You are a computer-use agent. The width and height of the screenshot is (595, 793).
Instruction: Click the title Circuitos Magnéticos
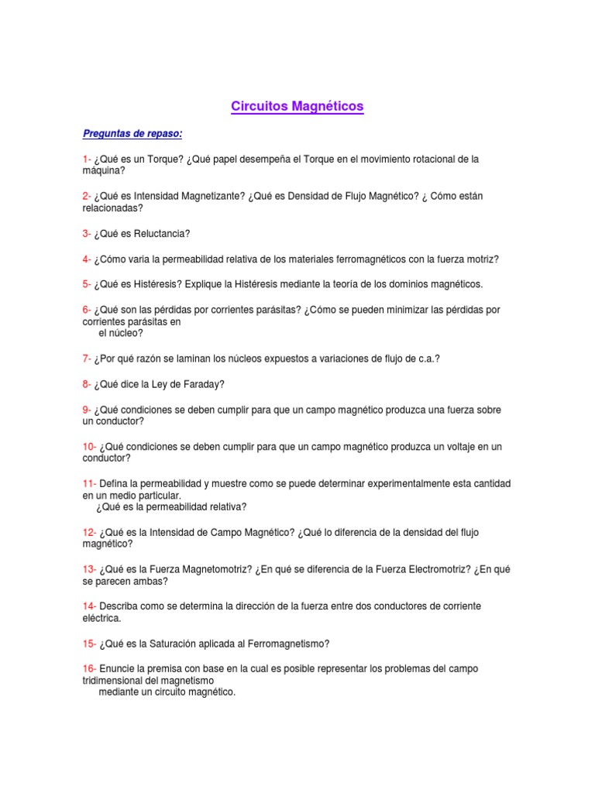tap(297, 106)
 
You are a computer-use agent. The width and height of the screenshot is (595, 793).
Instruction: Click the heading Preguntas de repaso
tap(132, 134)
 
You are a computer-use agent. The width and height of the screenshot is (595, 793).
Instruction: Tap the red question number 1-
tap(87, 160)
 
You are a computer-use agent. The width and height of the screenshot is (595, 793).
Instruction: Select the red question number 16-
tap(89, 668)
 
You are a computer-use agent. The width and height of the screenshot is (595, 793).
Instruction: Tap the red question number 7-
tap(87, 359)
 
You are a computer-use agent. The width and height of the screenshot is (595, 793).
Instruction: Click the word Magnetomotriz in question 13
tap(215, 569)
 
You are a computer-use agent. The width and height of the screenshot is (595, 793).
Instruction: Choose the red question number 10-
tap(89, 447)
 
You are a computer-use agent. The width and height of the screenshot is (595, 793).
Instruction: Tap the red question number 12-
tap(89, 532)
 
